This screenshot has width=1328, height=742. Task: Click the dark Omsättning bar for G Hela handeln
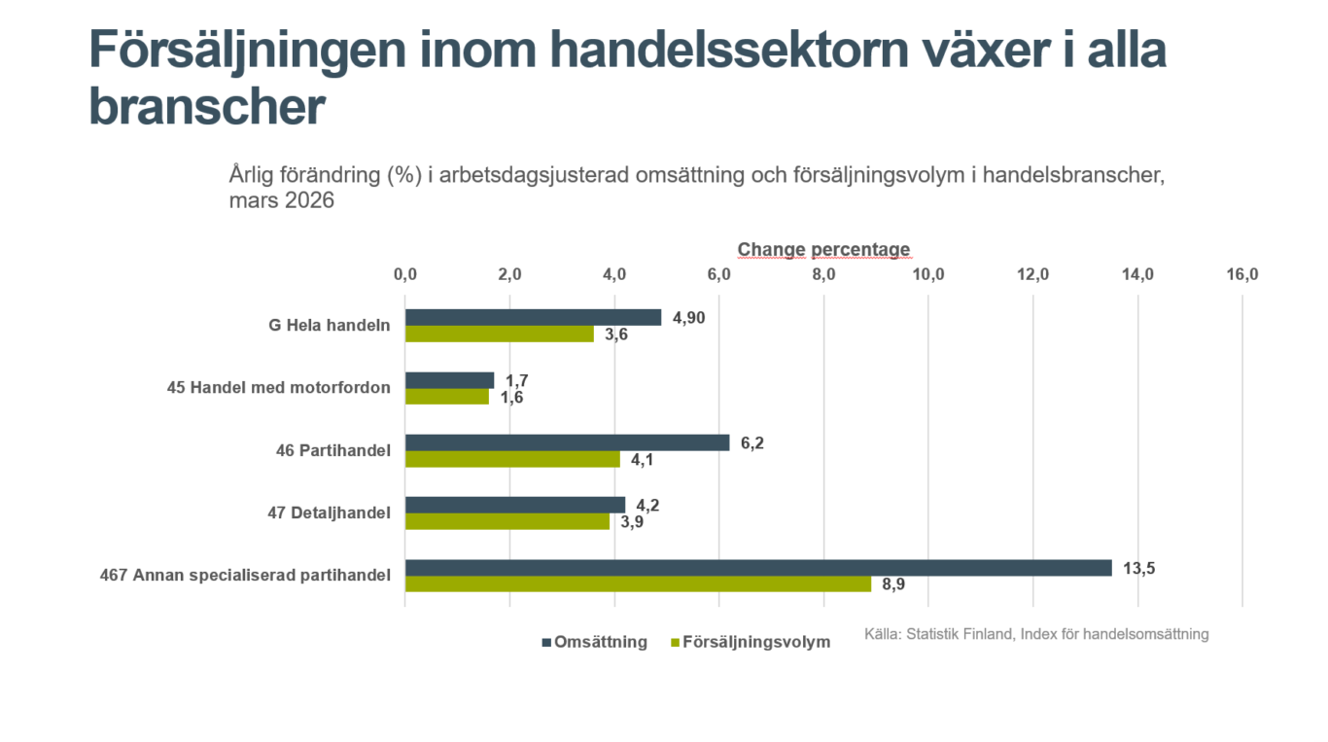tap(533, 317)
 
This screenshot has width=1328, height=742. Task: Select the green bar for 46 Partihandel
tap(512, 459)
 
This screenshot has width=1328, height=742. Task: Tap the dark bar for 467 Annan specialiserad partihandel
tap(758, 568)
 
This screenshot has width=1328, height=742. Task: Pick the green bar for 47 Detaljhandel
tap(507, 521)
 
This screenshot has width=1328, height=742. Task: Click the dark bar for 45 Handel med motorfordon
tap(449, 380)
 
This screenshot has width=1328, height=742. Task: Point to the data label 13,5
tap(1138, 568)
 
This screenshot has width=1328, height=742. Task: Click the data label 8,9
tap(893, 584)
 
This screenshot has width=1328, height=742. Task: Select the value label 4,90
tap(689, 318)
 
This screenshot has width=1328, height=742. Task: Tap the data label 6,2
tap(752, 443)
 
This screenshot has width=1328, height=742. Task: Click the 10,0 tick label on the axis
tap(928, 274)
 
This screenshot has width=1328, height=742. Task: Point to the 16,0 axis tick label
tap(1242, 274)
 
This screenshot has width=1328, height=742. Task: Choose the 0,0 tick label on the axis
tap(405, 274)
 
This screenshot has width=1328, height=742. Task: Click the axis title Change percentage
tap(823, 250)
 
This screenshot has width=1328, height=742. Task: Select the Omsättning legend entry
tap(595, 642)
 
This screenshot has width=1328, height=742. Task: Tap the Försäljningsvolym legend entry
tap(751, 642)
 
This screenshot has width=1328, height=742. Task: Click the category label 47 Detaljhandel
tap(329, 512)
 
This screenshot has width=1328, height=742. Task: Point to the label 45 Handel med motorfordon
tap(279, 387)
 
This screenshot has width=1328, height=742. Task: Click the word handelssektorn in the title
tap(729, 50)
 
